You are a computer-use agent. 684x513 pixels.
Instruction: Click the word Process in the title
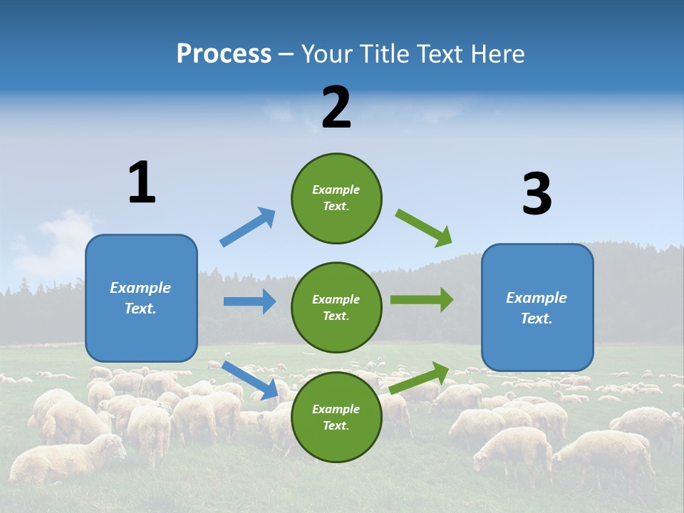224,53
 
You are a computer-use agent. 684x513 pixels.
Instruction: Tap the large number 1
142,182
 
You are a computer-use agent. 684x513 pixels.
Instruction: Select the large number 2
336,108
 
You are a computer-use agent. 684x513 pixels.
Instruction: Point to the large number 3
537,195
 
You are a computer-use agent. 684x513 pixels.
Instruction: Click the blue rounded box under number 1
141,298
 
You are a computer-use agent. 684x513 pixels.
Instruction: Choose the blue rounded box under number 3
537,308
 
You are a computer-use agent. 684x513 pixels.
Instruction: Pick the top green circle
336,198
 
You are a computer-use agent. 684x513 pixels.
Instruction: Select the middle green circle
336,308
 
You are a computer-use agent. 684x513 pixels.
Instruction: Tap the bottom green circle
336,418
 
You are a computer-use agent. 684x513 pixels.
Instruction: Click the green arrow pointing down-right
424,228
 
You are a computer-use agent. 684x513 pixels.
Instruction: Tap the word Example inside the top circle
336,190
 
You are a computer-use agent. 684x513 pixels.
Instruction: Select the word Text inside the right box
536,318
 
